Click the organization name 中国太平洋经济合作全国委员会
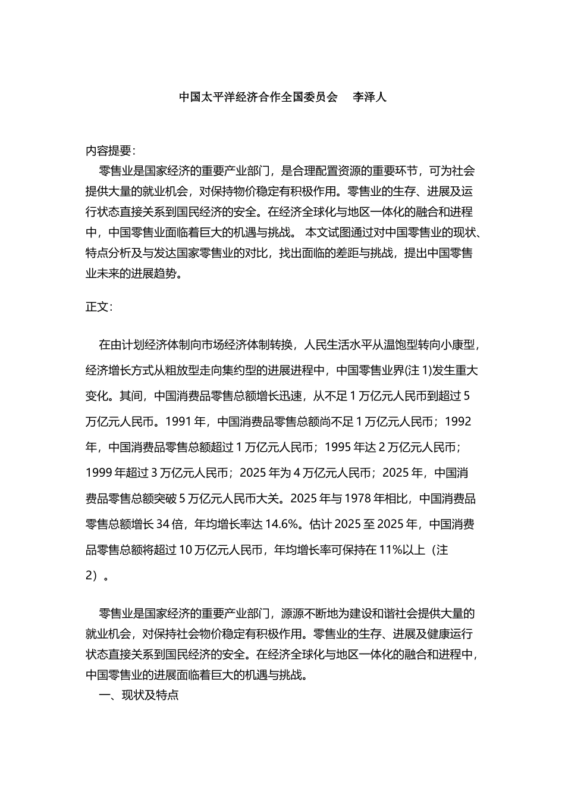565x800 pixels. (258, 97)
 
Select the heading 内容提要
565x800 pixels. (110, 150)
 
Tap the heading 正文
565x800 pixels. (99, 307)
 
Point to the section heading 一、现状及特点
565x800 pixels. (139, 695)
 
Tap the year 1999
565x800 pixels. (99, 473)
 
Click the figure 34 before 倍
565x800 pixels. (163, 524)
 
